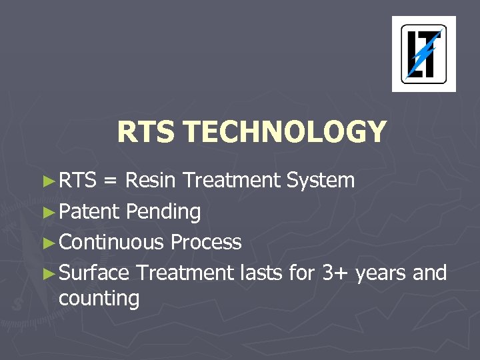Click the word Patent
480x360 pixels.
click(89, 211)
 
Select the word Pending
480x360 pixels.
click(163, 213)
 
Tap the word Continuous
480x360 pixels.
click(111, 241)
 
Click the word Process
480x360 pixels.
click(206, 241)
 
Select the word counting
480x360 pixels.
click(99, 300)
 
